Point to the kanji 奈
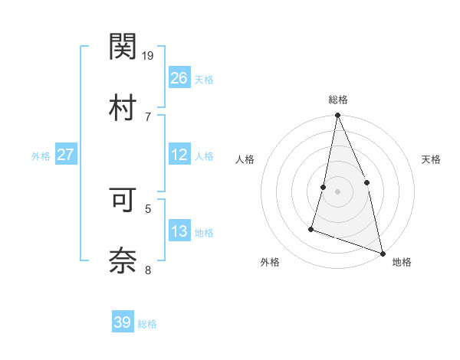click(x=123, y=260)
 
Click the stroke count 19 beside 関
click(x=148, y=55)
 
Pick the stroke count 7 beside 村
click(x=147, y=116)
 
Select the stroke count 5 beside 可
click(x=147, y=208)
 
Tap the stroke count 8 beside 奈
click(x=147, y=270)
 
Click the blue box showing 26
click(x=179, y=78)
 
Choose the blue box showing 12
click(x=179, y=155)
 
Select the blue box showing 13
click(x=179, y=231)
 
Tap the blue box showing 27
click(x=65, y=155)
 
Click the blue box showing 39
click(x=123, y=322)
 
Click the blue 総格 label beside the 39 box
click(x=147, y=324)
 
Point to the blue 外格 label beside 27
click(x=41, y=156)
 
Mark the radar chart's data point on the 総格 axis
click(x=337, y=116)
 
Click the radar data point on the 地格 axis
click(x=383, y=253)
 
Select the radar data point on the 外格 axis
click(x=311, y=228)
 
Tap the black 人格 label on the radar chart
click(x=245, y=159)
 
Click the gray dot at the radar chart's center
click(x=337, y=191)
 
